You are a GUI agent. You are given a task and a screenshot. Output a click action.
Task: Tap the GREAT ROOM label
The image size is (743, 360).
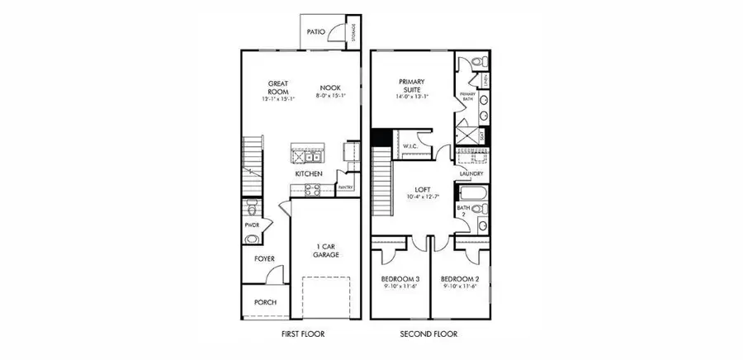click(x=276, y=87)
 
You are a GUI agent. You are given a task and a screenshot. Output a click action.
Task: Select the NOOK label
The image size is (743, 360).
click(x=331, y=87)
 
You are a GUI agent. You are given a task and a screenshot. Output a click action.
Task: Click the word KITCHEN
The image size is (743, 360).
click(x=308, y=174)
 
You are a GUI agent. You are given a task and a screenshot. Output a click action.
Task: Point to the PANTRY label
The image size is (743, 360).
click(x=347, y=188)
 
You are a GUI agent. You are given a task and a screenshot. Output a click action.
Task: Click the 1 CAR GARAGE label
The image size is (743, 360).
click(x=326, y=251)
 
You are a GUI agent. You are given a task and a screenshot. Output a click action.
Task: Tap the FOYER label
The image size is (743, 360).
click(x=264, y=258)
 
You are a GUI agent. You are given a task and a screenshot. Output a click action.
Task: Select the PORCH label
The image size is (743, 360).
click(x=265, y=302)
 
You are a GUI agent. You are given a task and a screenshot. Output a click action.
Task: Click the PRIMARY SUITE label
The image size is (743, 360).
click(x=411, y=87)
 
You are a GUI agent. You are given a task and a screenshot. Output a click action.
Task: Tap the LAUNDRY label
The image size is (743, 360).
click(x=471, y=174)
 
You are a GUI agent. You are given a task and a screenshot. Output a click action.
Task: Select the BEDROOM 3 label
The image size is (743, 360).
click(x=400, y=282)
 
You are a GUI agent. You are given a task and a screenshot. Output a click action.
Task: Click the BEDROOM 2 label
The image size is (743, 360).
click(x=460, y=282)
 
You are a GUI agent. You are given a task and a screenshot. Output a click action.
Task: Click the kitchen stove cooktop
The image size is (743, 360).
click(x=314, y=189)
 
